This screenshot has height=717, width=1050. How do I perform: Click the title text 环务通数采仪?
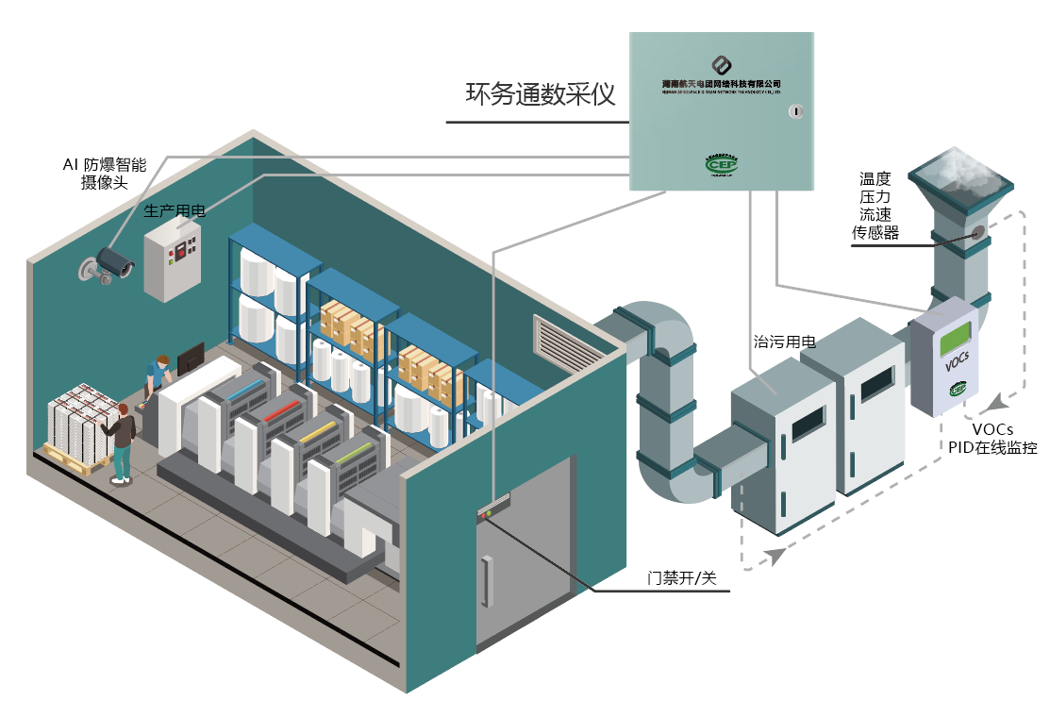(541, 94)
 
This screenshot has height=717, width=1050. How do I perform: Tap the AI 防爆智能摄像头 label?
(104, 174)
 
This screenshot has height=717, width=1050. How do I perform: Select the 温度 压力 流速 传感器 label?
(875, 205)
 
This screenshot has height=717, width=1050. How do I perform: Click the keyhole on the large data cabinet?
(794, 111)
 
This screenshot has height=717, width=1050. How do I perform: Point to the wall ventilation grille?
(560, 342)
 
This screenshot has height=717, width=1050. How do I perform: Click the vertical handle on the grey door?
(487, 582)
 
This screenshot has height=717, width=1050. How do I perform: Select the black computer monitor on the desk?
(192, 357)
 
